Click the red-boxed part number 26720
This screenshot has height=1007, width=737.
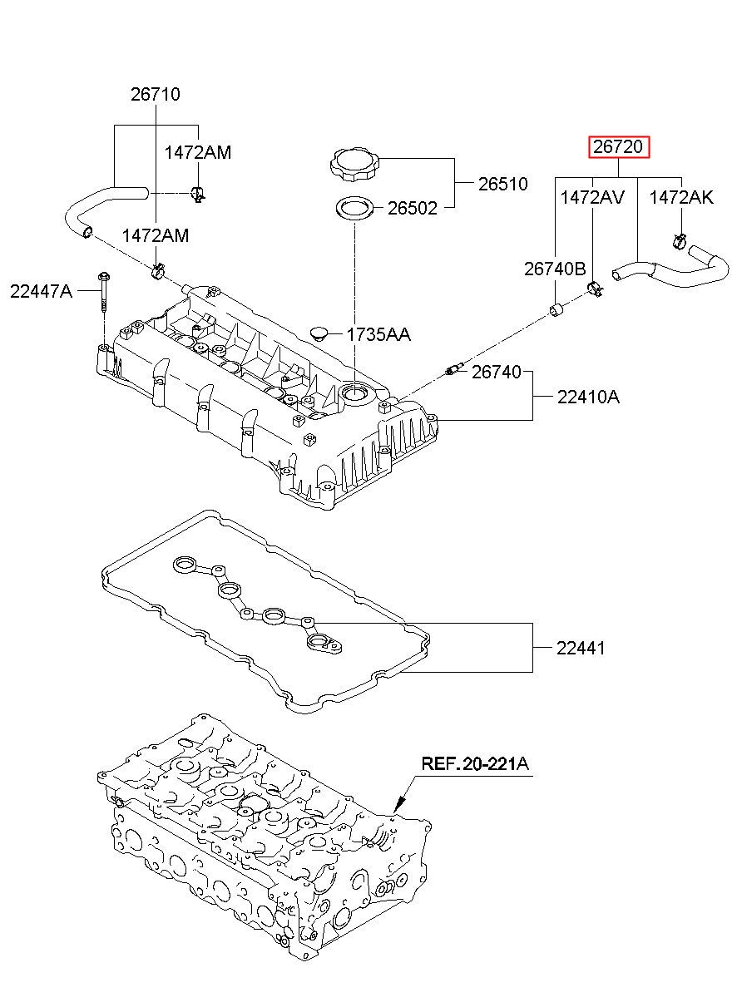(618, 146)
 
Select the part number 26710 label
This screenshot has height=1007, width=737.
(156, 95)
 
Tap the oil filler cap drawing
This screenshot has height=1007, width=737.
(354, 164)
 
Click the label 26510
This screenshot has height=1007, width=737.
(502, 185)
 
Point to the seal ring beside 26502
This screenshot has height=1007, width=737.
(355, 209)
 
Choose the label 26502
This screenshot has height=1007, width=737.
(413, 208)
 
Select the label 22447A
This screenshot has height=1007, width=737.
(41, 291)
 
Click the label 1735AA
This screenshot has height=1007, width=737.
(378, 334)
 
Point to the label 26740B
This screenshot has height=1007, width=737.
(555, 269)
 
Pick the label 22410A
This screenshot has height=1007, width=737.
(588, 397)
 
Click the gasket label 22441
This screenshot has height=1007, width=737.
(581, 648)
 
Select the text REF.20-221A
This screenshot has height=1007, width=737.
(475, 763)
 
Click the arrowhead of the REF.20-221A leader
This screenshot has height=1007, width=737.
(398, 809)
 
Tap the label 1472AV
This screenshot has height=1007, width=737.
(592, 197)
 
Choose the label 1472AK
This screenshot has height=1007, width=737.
(680, 197)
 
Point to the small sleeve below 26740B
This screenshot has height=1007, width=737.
(557, 309)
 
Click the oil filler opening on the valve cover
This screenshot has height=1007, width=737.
(355, 394)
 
